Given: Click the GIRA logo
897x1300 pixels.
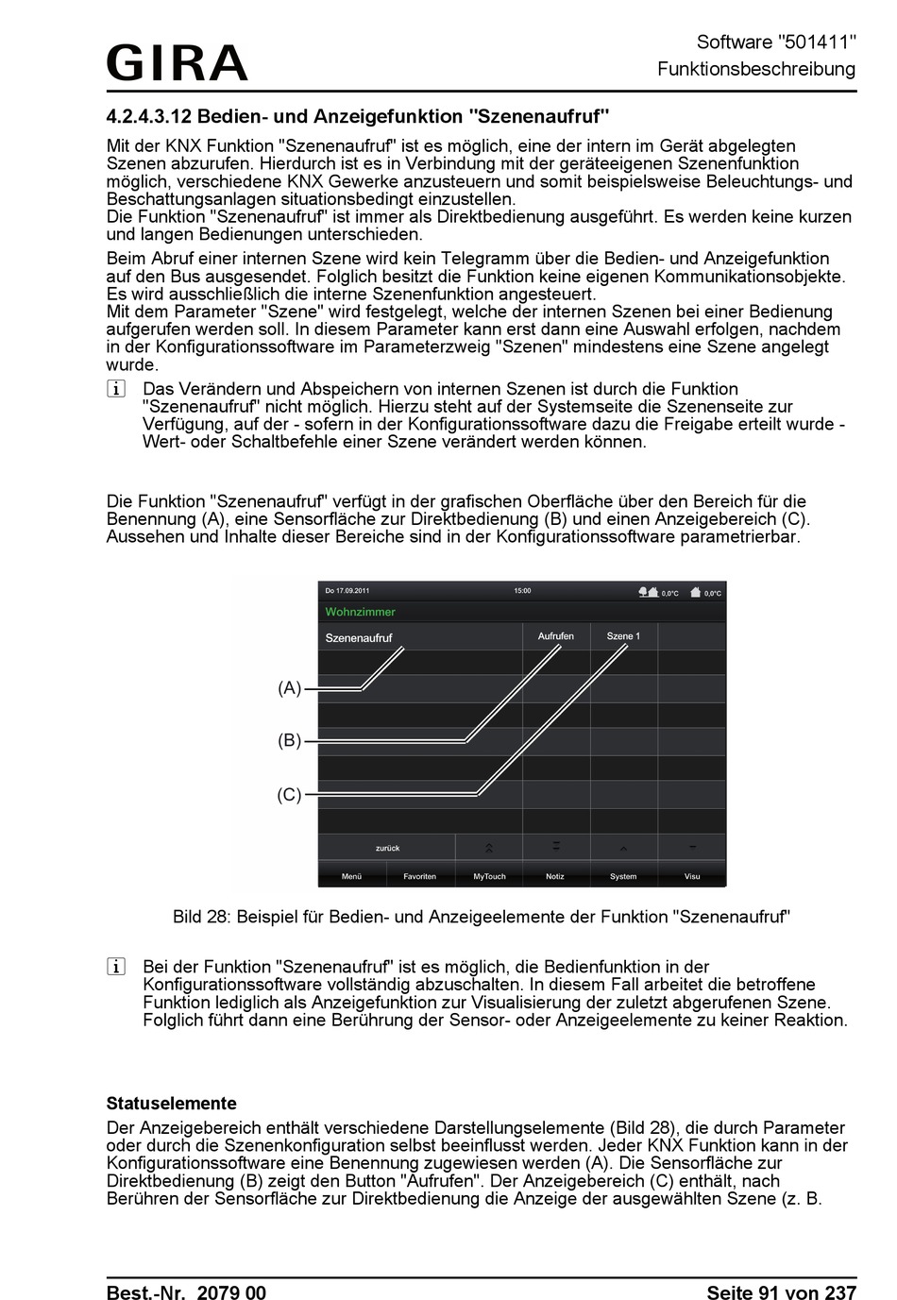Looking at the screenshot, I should pyautogui.click(x=177, y=62).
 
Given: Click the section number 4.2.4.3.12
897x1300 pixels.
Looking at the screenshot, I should pyautogui.click(x=149, y=117).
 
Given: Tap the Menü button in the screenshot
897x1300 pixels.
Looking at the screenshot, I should pyautogui.click(x=351, y=876).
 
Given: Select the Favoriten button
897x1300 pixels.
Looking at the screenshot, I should pyautogui.click(x=419, y=876).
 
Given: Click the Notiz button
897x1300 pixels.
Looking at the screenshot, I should pyautogui.click(x=555, y=876).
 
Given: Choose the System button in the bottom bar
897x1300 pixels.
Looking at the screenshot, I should pyautogui.click(x=623, y=876).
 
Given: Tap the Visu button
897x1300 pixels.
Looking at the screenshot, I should pyautogui.click(x=692, y=876).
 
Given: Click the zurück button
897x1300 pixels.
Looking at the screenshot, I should pyautogui.click(x=387, y=848).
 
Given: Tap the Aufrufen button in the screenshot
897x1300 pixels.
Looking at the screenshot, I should pyautogui.click(x=556, y=636).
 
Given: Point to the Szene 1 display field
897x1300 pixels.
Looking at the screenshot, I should pyautogui.click(x=623, y=636).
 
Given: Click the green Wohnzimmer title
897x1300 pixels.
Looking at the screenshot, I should pyautogui.click(x=360, y=612).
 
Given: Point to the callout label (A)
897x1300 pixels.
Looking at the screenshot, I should pyautogui.click(x=289, y=688).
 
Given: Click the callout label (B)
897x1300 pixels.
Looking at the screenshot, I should pyautogui.click(x=289, y=741).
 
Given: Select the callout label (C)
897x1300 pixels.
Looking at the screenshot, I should pyautogui.click(x=289, y=795).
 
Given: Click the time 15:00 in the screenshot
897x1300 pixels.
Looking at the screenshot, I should pyautogui.click(x=522, y=591).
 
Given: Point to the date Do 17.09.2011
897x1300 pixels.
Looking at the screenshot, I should pyautogui.click(x=347, y=591).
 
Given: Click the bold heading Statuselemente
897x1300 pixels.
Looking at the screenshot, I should pyautogui.click(x=171, y=1103).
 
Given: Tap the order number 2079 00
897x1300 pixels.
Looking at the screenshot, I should pyautogui.click(x=231, y=1292).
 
